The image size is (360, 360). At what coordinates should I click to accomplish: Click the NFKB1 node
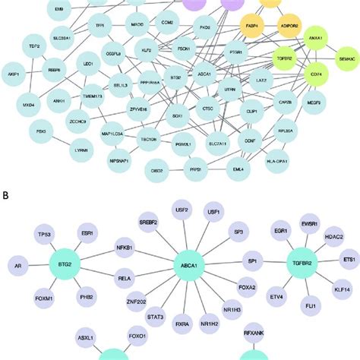click(125, 248)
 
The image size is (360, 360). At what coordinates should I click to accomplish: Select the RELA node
click(125, 278)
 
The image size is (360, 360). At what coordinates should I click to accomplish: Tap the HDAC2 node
click(335, 237)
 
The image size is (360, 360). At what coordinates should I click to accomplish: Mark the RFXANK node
click(254, 332)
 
